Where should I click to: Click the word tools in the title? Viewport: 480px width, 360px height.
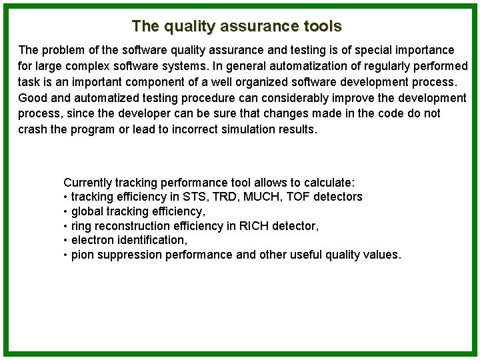coord(321,26)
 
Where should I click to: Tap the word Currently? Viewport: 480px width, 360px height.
coord(87,182)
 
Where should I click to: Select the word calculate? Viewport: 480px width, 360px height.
coord(329,182)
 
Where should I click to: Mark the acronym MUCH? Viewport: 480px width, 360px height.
coord(255,197)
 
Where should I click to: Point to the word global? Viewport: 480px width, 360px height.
coord(87,211)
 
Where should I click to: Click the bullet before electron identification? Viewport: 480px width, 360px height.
coord(65,241)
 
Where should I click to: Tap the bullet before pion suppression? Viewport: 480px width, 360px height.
coord(65,255)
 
